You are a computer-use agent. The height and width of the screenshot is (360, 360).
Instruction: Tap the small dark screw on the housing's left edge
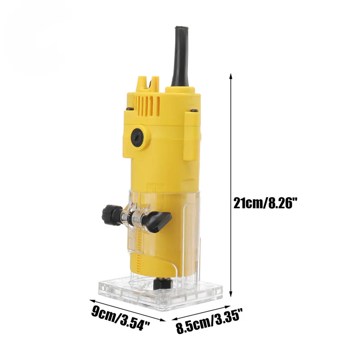[x=129, y=108]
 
